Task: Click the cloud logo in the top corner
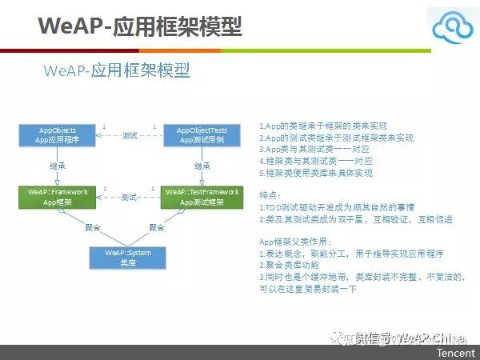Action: click(452, 30)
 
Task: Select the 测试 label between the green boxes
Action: click(129, 198)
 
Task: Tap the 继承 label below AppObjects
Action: click(58, 166)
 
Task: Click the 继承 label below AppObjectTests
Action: click(202, 166)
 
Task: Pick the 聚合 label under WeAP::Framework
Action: click(94, 227)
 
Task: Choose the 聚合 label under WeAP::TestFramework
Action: click(157, 227)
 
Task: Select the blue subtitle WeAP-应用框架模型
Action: click(117, 70)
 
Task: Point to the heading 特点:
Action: click(271, 194)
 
